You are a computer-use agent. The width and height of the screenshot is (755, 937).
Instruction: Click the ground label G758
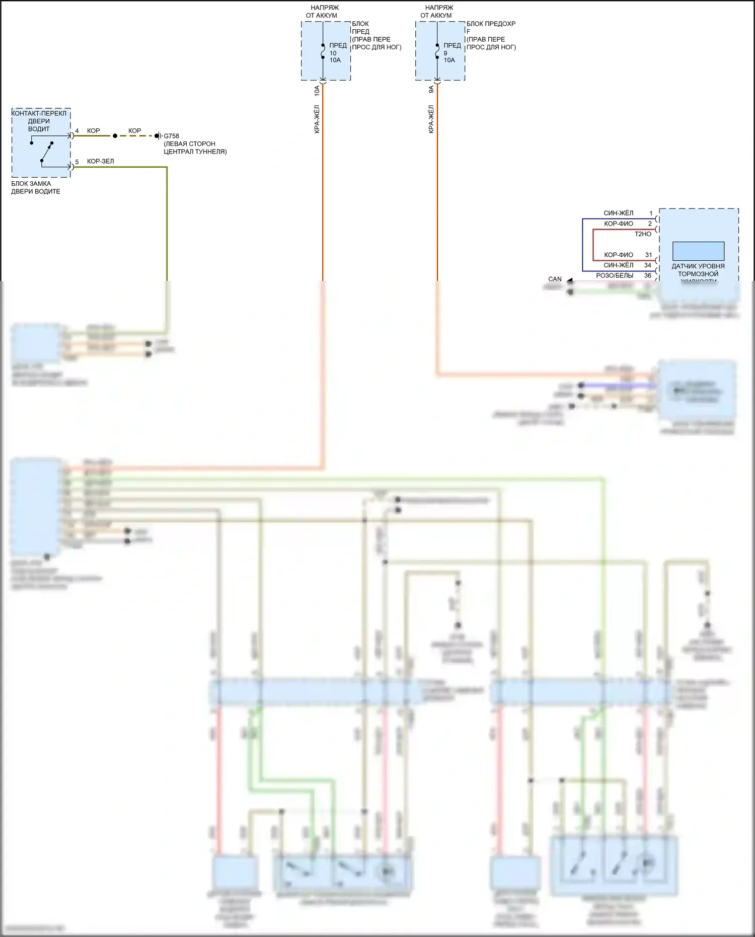[171, 136]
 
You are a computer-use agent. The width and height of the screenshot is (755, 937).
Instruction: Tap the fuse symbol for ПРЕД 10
[323, 51]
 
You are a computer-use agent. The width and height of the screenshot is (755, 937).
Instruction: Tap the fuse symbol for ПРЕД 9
[437, 51]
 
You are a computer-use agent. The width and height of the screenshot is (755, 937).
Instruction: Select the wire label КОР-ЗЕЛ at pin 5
[100, 162]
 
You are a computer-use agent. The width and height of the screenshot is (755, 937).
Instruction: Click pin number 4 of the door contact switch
[77, 131]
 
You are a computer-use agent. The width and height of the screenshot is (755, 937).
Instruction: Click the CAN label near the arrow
[555, 279]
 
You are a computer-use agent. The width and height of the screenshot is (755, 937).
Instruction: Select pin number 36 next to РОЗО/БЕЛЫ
[648, 276]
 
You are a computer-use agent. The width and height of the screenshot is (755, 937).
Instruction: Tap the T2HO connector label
[643, 234]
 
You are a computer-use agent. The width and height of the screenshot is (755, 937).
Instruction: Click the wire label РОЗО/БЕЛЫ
[615, 276]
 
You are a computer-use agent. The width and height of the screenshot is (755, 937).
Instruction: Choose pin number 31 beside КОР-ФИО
[648, 255]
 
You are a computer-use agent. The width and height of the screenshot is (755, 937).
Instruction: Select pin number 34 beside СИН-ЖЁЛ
[648, 265]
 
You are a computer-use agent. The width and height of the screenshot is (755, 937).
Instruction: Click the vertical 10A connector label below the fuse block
[317, 91]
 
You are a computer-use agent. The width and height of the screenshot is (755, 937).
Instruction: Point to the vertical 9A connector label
[431, 90]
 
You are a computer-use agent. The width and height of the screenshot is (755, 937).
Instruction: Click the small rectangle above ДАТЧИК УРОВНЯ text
[698, 251]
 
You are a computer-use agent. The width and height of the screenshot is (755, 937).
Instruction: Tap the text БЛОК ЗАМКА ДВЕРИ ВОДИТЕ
[36, 188]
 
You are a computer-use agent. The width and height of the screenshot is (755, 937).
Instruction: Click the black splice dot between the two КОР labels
[115, 136]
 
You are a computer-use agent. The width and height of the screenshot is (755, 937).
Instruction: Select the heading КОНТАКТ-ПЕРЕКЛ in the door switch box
[39, 114]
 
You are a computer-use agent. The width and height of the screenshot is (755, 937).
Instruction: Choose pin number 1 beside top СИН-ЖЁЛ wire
[651, 213]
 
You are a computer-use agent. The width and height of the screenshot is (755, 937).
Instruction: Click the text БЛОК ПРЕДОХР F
[491, 27]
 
